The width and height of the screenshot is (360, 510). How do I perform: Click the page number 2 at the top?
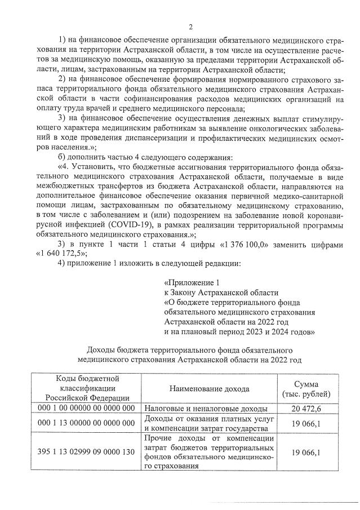(x=190, y=26)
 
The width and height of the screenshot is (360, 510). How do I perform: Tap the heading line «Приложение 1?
(x=189, y=282)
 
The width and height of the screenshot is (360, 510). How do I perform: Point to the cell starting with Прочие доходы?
(x=209, y=452)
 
